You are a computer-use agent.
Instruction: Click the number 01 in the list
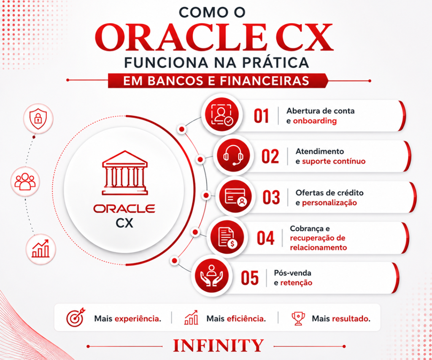pos(261,116)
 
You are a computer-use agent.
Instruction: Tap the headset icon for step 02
pos(233,155)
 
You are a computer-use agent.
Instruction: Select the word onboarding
pos(315,121)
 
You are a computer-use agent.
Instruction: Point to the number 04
pos(266,238)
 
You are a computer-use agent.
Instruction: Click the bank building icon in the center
pos(125,173)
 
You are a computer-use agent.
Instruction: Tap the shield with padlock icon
pos(38,119)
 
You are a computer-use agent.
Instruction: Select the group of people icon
pos(25,181)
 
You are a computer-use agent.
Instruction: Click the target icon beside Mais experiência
pos(76,317)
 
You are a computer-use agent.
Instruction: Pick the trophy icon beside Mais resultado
pos(298,318)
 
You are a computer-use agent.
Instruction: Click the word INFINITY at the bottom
pos(218,346)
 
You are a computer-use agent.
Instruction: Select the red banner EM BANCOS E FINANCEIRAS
pos(218,81)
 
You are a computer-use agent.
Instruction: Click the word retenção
pos(296,283)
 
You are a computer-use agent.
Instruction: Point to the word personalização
pos(329,203)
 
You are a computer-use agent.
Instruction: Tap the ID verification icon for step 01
pos(222,115)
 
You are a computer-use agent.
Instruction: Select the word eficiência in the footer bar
pos(246,319)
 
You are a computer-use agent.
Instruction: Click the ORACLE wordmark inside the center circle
pos(124,208)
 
